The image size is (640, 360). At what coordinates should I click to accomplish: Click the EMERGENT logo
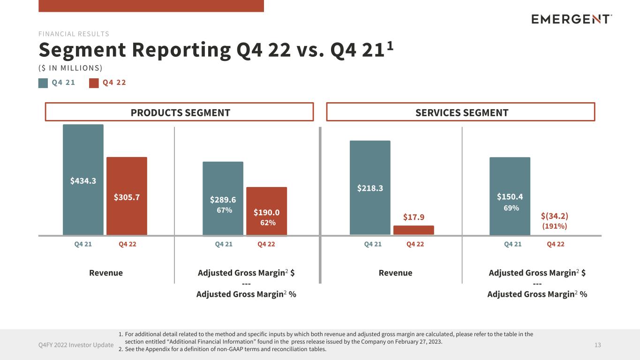point(572,19)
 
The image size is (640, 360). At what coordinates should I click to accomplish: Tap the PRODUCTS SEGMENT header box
point(179,112)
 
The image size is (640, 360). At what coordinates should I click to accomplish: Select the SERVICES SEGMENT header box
point(460,112)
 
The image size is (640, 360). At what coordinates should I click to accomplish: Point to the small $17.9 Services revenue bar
point(414,230)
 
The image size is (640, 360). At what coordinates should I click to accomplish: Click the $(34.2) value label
point(555,216)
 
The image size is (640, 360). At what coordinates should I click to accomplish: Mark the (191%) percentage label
point(555,226)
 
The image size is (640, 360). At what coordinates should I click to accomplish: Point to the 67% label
point(224,210)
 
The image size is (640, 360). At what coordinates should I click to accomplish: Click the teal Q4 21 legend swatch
point(43,83)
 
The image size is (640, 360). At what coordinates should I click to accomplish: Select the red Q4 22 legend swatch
point(94,83)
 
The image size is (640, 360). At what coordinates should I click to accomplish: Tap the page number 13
point(597,345)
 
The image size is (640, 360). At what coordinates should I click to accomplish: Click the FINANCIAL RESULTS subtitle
point(74,34)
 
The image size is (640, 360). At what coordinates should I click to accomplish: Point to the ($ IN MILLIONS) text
point(70,68)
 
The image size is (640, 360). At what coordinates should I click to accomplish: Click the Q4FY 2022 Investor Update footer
point(76,345)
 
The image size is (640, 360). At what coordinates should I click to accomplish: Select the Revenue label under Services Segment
point(395,273)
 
